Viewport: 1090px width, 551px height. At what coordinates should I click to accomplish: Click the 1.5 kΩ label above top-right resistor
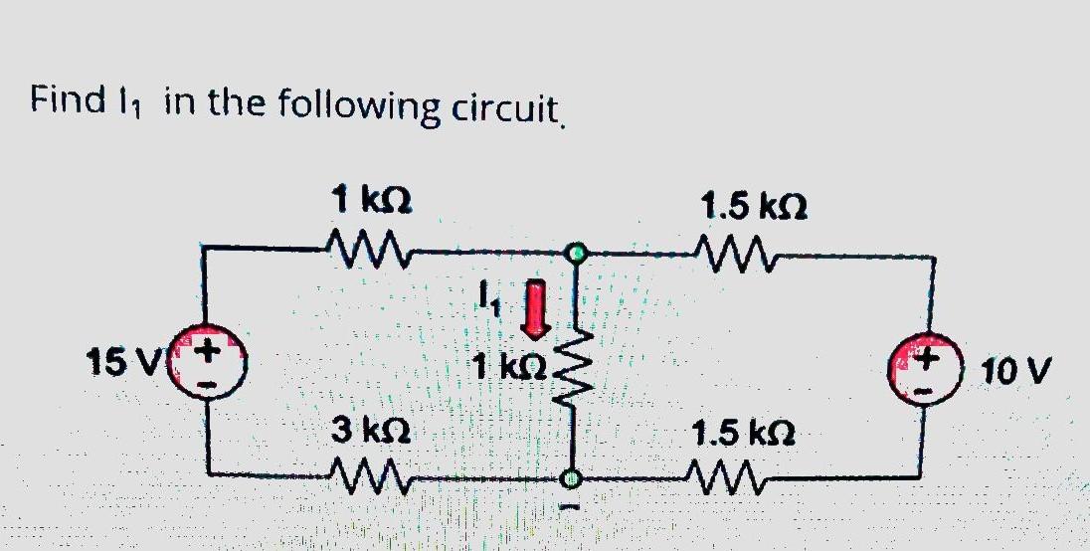[743, 207]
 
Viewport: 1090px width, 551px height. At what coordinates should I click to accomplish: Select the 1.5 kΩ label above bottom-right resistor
[744, 435]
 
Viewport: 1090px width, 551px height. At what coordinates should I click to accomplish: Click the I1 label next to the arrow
[487, 295]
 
